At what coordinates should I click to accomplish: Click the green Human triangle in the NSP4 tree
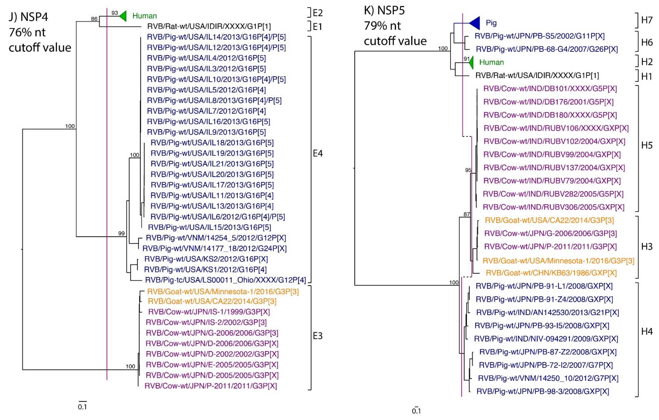click(123, 16)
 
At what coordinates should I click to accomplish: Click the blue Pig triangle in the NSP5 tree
click(475, 23)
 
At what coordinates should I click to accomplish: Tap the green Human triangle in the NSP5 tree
click(471, 63)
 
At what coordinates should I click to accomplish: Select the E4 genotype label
click(318, 153)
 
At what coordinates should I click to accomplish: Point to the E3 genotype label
click(318, 336)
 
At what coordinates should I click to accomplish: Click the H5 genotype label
click(647, 145)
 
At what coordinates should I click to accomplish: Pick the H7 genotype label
click(647, 20)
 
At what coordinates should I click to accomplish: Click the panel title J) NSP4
click(29, 17)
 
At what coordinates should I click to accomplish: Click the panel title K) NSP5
click(384, 10)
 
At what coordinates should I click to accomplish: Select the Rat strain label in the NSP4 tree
click(209, 26)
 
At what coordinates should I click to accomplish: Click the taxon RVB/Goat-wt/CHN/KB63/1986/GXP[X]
click(551, 273)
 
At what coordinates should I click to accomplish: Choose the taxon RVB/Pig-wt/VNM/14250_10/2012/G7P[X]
click(548, 378)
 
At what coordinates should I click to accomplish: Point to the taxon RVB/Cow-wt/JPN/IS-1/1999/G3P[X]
click(209, 312)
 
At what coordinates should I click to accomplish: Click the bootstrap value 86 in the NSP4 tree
click(94, 19)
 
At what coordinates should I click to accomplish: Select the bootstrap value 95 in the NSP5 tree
click(468, 170)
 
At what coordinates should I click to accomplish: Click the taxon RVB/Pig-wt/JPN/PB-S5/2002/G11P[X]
click(539, 36)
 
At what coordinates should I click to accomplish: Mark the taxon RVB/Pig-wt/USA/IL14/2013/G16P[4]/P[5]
click(216, 37)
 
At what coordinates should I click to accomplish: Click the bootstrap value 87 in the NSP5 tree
click(466, 214)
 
